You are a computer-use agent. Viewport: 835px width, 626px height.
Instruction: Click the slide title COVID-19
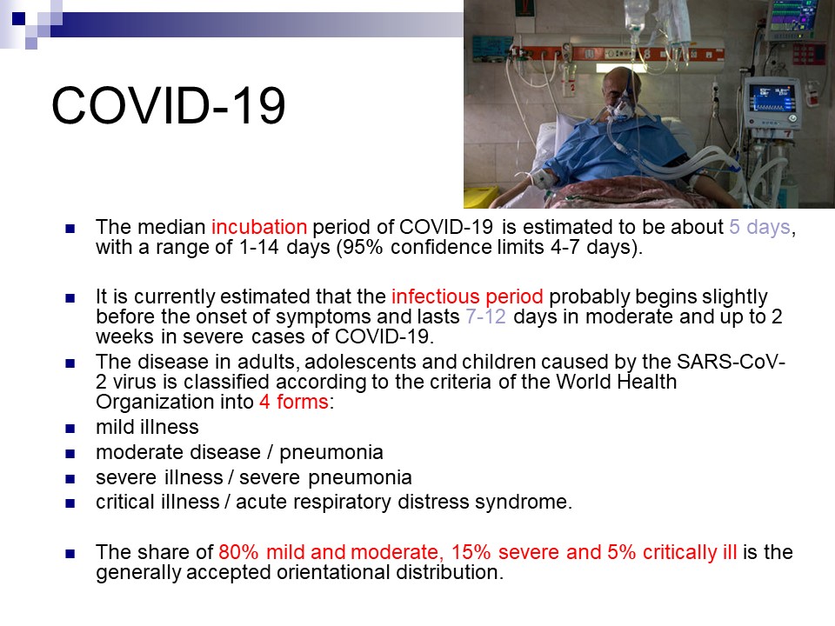(168, 105)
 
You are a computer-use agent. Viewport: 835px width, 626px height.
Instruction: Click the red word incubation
(259, 227)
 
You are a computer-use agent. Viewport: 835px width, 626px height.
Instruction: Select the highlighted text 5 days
(759, 227)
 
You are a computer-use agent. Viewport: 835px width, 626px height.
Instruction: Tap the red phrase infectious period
(467, 296)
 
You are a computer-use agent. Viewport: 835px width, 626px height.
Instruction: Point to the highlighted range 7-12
(485, 316)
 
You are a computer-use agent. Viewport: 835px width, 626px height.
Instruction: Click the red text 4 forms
(294, 402)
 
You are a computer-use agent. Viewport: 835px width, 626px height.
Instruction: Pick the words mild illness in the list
(147, 427)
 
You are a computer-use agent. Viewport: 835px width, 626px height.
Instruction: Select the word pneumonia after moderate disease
(331, 452)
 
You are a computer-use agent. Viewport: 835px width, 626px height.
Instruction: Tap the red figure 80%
(238, 552)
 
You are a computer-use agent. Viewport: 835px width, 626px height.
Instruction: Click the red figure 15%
(471, 552)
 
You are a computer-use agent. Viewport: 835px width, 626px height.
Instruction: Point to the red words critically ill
(690, 553)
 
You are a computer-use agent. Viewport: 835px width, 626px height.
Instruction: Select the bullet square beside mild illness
(70, 429)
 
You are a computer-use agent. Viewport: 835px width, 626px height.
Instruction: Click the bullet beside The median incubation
(70, 229)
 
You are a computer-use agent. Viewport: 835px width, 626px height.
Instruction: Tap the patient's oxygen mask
(620, 110)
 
